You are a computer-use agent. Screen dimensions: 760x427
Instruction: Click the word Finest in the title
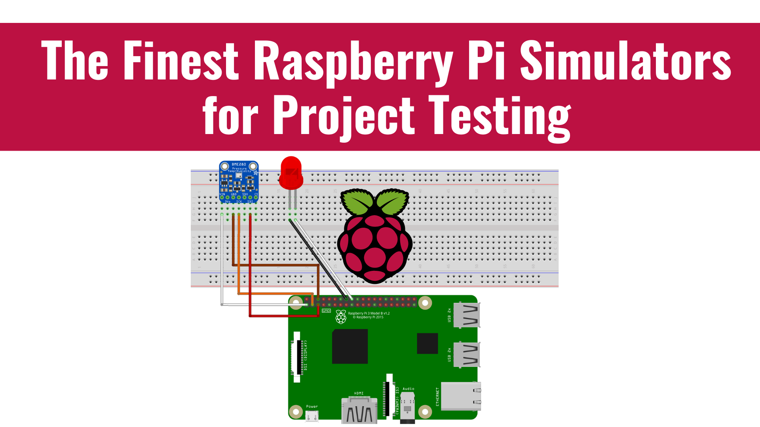(181, 60)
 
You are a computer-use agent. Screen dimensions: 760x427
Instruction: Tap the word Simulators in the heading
(625, 60)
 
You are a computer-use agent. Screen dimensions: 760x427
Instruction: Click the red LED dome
(291, 173)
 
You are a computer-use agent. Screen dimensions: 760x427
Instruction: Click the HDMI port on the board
(359, 411)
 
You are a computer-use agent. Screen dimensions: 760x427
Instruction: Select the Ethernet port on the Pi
(461, 396)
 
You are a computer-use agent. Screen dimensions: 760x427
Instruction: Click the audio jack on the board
(407, 407)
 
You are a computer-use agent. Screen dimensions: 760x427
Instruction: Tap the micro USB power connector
(312, 416)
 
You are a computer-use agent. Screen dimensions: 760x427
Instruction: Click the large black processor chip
(350, 346)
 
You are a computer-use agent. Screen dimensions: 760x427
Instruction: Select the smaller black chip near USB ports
(427, 343)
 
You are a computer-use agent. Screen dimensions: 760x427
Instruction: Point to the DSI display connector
(297, 357)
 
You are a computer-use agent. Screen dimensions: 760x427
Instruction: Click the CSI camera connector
(389, 395)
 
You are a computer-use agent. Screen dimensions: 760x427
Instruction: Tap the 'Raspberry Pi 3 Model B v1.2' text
(369, 313)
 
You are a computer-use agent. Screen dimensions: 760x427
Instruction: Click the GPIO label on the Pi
(326, 311)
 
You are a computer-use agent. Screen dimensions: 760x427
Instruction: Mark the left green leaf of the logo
(357, 201)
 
